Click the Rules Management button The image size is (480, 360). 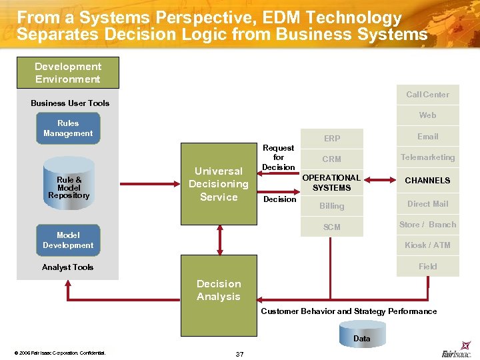[68, 129]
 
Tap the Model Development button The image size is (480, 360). [68, 241]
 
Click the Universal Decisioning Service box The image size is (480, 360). [219, 184]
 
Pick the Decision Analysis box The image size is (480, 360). [219, 291]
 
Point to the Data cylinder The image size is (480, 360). [361, 334]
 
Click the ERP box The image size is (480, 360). [332, 138]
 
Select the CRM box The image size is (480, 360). [332, 159]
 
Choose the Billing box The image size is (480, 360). [332, 206]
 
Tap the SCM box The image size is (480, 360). [332, 227]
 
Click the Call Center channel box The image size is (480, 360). [427, 95]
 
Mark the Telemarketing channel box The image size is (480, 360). [427, 157]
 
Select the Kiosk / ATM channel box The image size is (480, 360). [427, 245]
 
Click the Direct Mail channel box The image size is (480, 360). [427, 204]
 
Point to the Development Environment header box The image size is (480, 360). [68, 73]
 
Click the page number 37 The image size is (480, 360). [240, 353]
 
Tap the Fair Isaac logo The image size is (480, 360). [457, 353]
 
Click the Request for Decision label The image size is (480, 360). [279, 157]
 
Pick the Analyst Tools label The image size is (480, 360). [68, 267]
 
